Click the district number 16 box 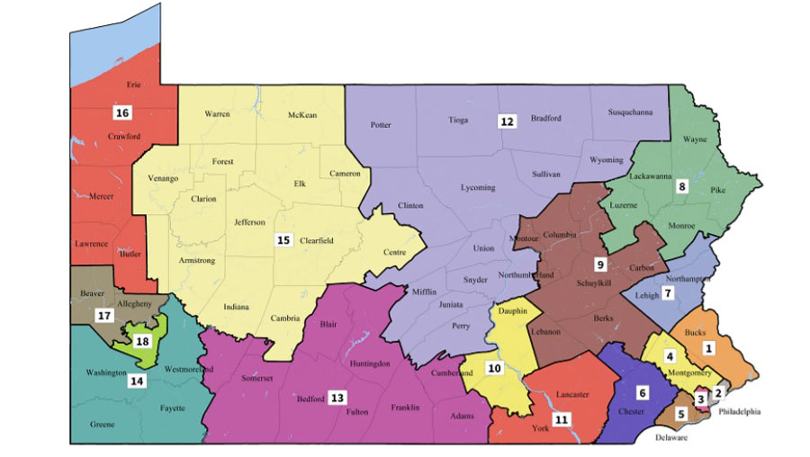tap(122, 112)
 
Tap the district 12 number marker tap(508, 121)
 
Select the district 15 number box tap(283, 240)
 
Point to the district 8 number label tap(682, 186)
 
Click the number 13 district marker tap(337, 397)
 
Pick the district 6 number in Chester tap(642, 392)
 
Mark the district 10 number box tap(494, 368)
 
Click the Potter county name tap(381, 125)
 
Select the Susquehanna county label tap(630, 112)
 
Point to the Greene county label tap(102, 424)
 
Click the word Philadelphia tap(738, 412)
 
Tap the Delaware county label tap(670, 438)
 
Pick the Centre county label tap(394, 252)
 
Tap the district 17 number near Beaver tap(104, 315)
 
